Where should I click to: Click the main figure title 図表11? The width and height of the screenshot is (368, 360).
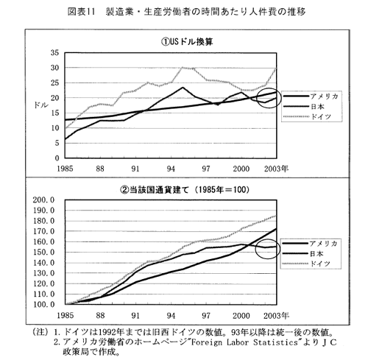(x=81, y=12)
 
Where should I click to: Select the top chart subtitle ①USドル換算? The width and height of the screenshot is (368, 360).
(x=187, y=42)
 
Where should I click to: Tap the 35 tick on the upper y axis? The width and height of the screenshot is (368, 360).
(x=55, y=52)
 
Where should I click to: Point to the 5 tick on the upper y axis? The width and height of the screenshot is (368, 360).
(x=57, y=143)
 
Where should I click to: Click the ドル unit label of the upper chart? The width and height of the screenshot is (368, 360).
(x=41, y=105)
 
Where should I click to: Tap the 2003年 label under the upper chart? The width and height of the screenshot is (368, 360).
(x=276, y=169)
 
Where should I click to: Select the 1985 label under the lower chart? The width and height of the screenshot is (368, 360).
(x=65, y=316)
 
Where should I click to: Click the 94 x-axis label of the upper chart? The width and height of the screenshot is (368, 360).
(x=171, y=169)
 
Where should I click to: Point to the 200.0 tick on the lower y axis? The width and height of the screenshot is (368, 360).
(x=43, y=200)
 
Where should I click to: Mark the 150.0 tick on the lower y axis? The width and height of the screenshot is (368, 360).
(x=43, y=252)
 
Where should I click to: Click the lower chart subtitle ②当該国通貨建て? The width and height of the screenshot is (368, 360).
(x=155, y=190)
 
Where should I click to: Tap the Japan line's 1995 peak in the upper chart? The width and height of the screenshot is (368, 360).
(x=183, y=88)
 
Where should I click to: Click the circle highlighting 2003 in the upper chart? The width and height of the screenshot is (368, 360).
(x=257, y=98)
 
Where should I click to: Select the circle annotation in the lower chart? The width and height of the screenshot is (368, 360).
(x=255, y=248)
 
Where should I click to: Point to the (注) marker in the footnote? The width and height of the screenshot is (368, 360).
(x=40, y=332)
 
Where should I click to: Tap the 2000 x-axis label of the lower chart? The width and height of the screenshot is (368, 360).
(x=241, y=316)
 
